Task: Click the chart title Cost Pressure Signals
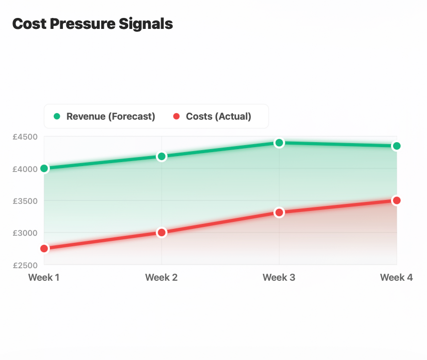point(92,24)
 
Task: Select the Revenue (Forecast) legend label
point(111,117)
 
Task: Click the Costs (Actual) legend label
point(218,117)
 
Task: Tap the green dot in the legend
point(57,117)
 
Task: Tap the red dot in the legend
point(176,117)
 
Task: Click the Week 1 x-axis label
point(44,277)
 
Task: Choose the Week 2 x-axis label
point(161,277)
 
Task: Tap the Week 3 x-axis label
point(279,277)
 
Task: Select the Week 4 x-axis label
point(396,277)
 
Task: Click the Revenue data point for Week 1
point(44,169)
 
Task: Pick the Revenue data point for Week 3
point(279,143)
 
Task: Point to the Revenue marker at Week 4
point(397,146)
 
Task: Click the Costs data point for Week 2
point(162,232)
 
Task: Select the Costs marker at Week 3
point(279,212)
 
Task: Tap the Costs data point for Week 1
point(44,248)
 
